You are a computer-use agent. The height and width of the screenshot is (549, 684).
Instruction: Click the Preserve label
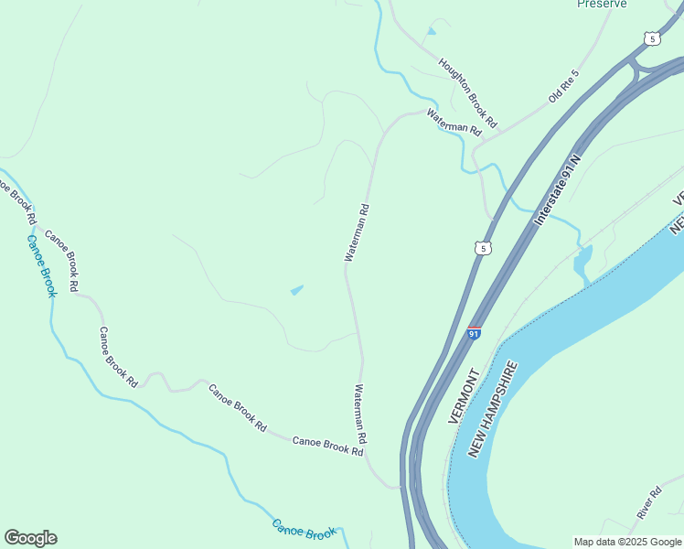(x=602, y=4)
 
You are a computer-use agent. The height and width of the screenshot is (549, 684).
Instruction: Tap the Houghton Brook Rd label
(x=467, y=92)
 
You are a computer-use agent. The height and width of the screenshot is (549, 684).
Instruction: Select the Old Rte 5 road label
(x=564, y=86)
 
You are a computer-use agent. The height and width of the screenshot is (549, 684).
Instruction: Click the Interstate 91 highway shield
(x=474, y=332)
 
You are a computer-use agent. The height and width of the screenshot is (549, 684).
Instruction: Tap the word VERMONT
(x=464, y=396)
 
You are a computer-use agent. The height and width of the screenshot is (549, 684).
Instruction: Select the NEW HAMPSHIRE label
(x=494, y=409)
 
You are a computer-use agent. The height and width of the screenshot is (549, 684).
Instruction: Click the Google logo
(x=30, y=538)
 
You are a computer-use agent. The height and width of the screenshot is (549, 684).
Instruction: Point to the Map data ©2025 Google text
(x=628, y=542)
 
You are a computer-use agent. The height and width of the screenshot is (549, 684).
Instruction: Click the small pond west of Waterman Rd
(x=296, y=291)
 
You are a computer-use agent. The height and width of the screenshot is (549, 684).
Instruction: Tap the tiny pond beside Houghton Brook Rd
(x=431, y=31)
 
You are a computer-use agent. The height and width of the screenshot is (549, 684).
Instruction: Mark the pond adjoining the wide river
(x=582, y=263)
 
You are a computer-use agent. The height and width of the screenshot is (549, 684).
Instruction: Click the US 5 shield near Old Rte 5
(x=650, y=38)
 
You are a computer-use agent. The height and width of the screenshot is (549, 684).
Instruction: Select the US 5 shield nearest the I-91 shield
(x=483, y=248)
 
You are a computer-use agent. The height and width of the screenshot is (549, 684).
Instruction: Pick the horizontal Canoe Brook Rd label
(x=328, y=447)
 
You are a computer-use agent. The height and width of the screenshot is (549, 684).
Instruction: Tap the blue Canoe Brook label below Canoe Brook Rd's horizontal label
(x=304, y=530)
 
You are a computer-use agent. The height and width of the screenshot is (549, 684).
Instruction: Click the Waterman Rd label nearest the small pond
(x=357, y=232)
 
